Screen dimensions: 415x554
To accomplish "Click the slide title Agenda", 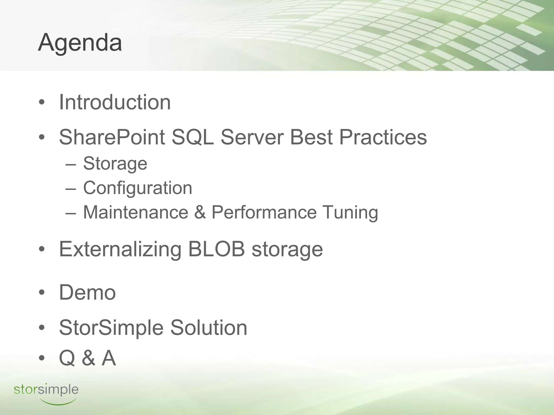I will [80, 43].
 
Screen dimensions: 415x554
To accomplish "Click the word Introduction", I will [115, 102].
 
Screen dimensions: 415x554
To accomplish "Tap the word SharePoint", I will [112, 137].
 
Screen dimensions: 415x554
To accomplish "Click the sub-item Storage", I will [115, 164].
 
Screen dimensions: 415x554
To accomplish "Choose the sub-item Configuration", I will [137, 188].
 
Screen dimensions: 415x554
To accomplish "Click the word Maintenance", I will [136, 212].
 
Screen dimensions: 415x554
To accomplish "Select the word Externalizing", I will [120, 249].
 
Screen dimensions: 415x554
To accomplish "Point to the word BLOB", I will [216, 249].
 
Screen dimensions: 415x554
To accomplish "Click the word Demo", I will [87, 293].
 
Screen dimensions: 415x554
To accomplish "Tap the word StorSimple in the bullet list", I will [111, 328].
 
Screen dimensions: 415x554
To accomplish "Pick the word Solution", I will [209, 328].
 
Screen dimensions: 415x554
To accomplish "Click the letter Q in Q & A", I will [67, 358].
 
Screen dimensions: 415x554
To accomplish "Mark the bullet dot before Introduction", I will [41, 103].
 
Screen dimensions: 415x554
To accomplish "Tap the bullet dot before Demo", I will [41, 293].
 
